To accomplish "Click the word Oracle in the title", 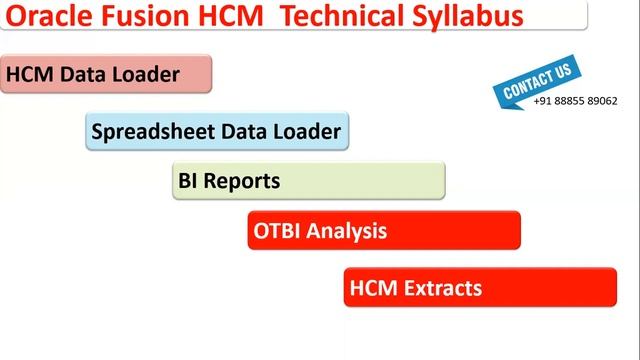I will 49,17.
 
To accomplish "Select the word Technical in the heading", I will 322,17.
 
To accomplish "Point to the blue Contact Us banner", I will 537,80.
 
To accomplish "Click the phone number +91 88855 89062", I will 575,101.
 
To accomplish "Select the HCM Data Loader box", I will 106,74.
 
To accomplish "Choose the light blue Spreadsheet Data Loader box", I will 217,131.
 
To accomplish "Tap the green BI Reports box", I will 308,181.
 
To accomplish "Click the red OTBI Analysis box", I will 384,230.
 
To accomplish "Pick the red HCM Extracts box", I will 480,288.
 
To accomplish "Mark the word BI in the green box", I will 189,182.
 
